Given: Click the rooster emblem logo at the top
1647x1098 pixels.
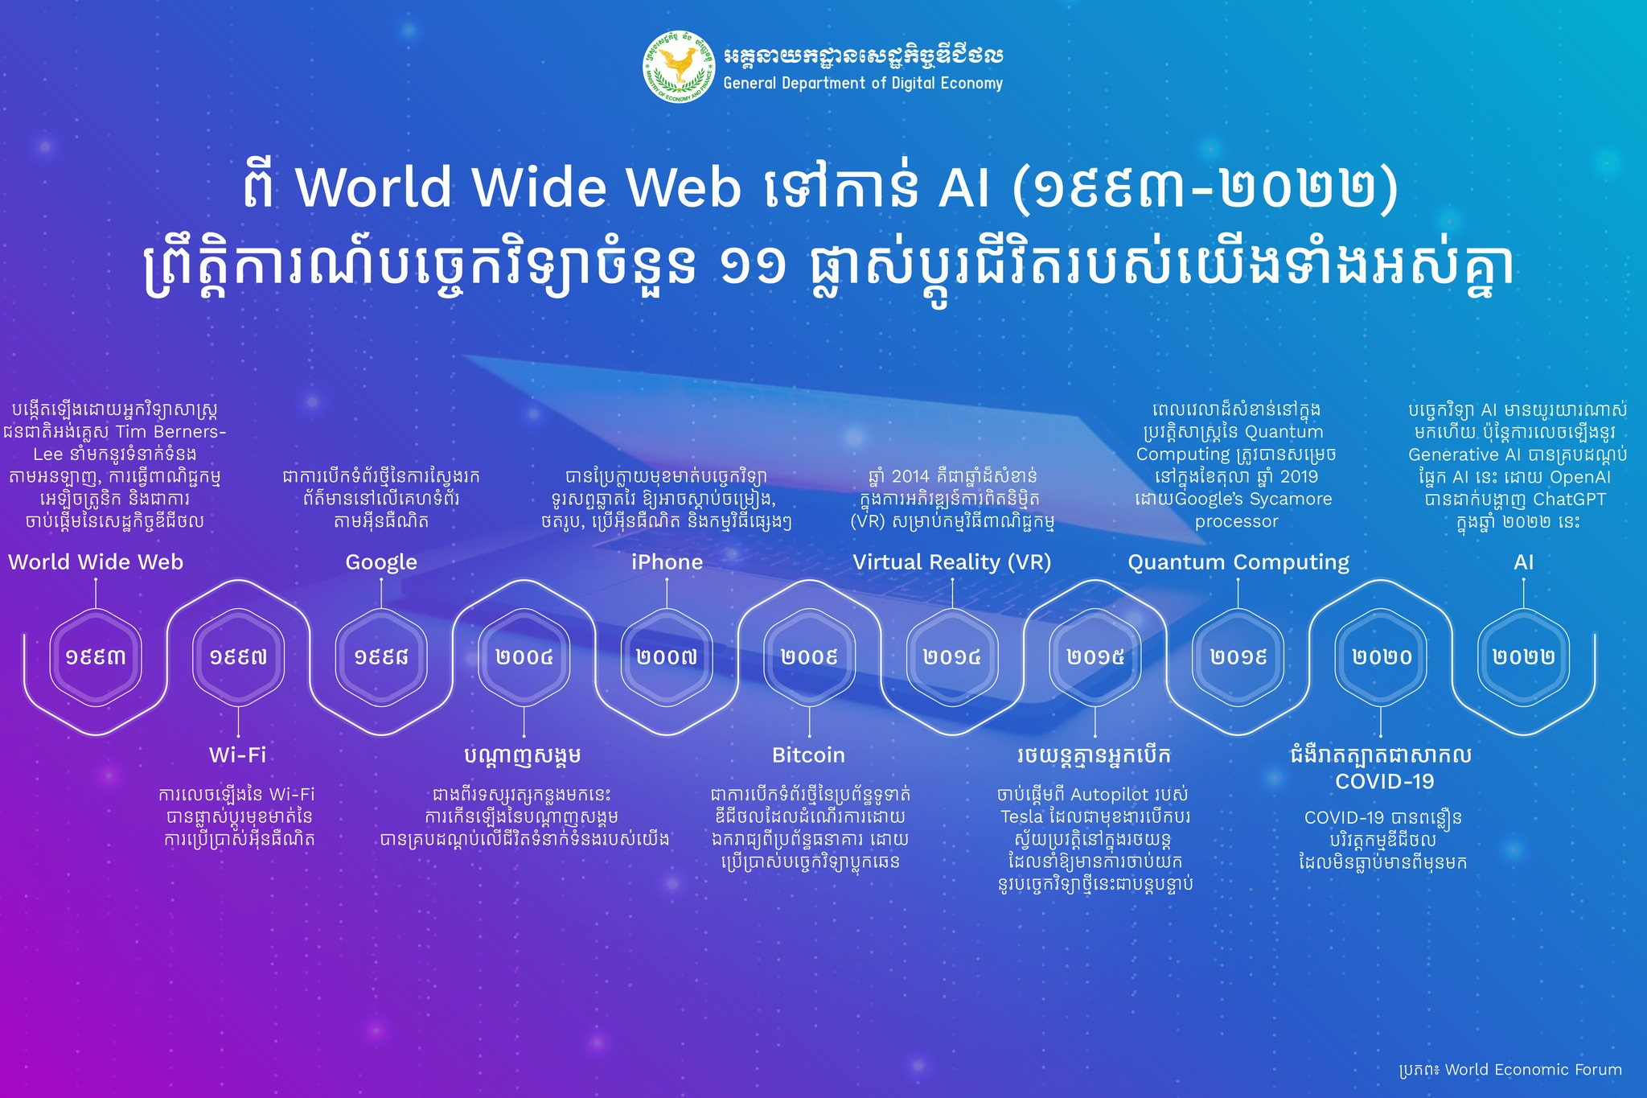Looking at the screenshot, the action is [679, 67].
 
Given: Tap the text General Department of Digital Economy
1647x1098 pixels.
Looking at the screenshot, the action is [863, 83].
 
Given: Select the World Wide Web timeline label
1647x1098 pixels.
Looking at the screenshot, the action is [96, 561].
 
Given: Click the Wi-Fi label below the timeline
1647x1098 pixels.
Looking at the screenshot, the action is [237, 755].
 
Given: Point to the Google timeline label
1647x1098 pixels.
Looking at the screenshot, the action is [381, 562].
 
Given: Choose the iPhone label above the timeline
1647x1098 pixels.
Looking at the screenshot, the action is [667, 561].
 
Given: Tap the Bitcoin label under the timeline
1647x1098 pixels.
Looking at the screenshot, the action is [808, 755].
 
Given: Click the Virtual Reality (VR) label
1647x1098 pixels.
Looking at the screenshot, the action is [952, 562].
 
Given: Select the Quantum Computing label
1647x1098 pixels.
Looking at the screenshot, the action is [1238, 562].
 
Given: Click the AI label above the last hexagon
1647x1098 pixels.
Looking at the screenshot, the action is [1524, 561].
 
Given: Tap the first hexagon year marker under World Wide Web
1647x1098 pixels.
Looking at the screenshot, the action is [96, 657].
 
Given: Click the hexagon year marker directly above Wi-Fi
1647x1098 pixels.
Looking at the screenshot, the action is [238, 657].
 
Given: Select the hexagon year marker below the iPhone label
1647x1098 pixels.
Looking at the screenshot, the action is [667, 657].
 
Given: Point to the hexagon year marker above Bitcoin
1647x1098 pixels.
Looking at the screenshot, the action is [809, 657].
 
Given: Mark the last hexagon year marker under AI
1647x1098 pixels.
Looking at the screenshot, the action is [1523, 657].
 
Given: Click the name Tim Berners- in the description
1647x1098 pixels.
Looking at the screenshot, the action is [171, 432].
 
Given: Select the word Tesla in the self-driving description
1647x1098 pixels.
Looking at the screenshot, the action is [1021, 816].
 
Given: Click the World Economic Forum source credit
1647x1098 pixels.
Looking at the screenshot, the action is [1534, 1070].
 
